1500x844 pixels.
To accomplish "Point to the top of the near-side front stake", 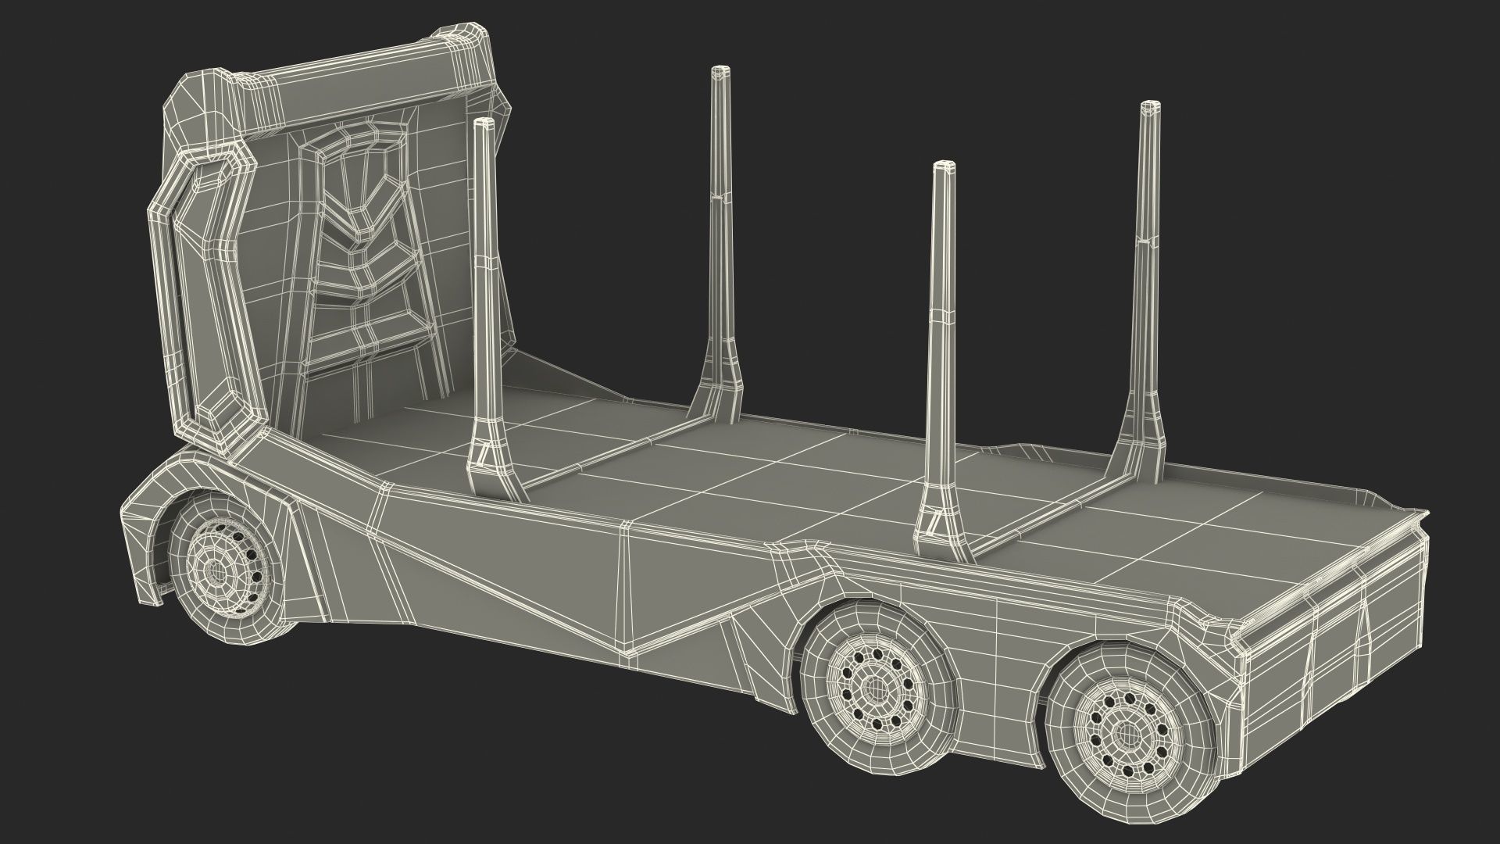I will coord(484,122).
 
